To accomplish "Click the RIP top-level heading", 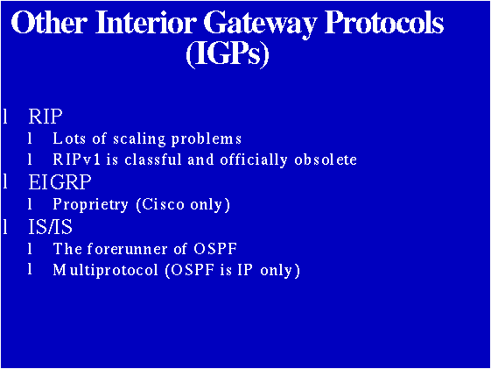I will [46, 117].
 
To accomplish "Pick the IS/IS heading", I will [50, 227].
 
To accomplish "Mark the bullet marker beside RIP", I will [7, 117].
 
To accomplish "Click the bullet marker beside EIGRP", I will [7, 182].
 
